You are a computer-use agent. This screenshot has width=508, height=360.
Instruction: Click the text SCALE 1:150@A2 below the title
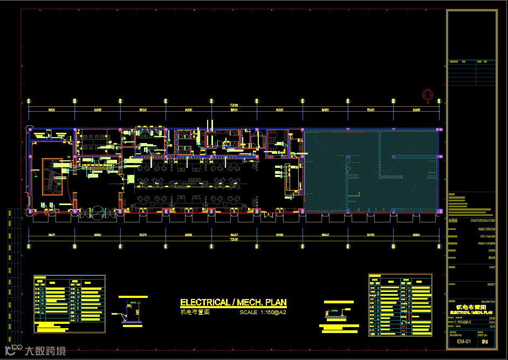263,312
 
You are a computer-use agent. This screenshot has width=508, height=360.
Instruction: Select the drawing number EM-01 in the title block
463,341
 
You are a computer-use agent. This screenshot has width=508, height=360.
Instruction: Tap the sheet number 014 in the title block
485,341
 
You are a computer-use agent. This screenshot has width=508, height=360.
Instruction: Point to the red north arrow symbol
428,96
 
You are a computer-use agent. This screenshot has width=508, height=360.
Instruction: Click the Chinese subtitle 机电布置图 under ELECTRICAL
195,312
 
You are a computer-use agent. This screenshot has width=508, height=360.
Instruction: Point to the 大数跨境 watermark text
45,351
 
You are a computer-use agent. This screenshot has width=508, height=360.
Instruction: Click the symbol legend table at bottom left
69,304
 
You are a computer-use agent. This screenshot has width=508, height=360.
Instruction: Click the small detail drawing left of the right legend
337,314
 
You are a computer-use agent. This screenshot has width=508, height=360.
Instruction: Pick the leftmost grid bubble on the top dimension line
28,100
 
